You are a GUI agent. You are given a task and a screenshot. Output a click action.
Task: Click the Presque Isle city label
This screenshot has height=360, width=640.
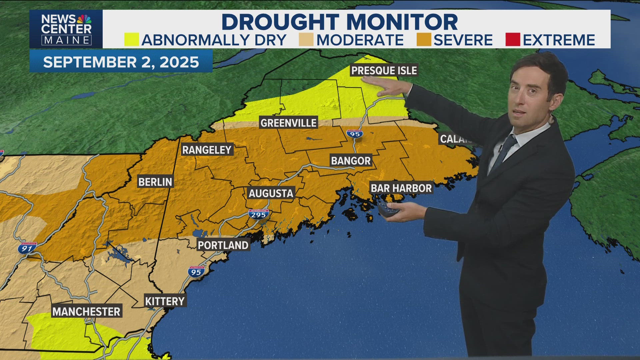point(384,70)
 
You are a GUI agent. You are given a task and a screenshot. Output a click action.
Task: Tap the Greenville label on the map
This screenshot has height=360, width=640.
point(288,123)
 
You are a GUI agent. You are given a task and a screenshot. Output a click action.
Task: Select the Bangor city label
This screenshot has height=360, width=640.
point(351,161)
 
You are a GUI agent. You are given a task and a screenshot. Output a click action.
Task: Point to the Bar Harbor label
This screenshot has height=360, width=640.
point(401,188)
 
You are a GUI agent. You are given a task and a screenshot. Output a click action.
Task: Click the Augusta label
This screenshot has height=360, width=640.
point(271,193)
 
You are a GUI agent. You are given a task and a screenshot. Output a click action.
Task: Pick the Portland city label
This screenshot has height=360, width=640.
point(223,245)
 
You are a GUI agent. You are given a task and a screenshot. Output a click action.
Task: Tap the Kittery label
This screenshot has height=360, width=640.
point(165,301)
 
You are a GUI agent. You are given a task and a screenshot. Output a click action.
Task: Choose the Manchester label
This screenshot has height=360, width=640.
point(86,311)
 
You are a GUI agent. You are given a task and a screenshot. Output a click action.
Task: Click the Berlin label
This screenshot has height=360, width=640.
point(155,182)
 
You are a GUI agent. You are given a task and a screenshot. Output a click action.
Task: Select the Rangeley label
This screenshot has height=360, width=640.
point(207,150)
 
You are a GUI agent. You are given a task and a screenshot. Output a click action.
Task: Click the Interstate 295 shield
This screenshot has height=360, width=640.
point(258,214)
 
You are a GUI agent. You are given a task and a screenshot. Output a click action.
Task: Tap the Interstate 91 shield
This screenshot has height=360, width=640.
point(27,248)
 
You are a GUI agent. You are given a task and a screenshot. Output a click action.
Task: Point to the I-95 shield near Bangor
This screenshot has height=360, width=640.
point(355,134)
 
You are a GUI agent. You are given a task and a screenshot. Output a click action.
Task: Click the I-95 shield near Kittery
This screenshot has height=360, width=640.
point(196,272)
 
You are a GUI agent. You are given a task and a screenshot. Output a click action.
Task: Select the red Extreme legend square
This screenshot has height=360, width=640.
point(512,40)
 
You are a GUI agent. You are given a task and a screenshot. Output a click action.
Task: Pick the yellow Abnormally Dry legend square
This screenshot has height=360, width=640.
point(131,40)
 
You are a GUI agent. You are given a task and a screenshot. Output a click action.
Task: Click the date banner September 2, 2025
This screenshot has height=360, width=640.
point(121,62)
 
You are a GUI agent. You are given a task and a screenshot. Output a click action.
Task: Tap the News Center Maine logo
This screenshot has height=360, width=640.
point(66,29)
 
